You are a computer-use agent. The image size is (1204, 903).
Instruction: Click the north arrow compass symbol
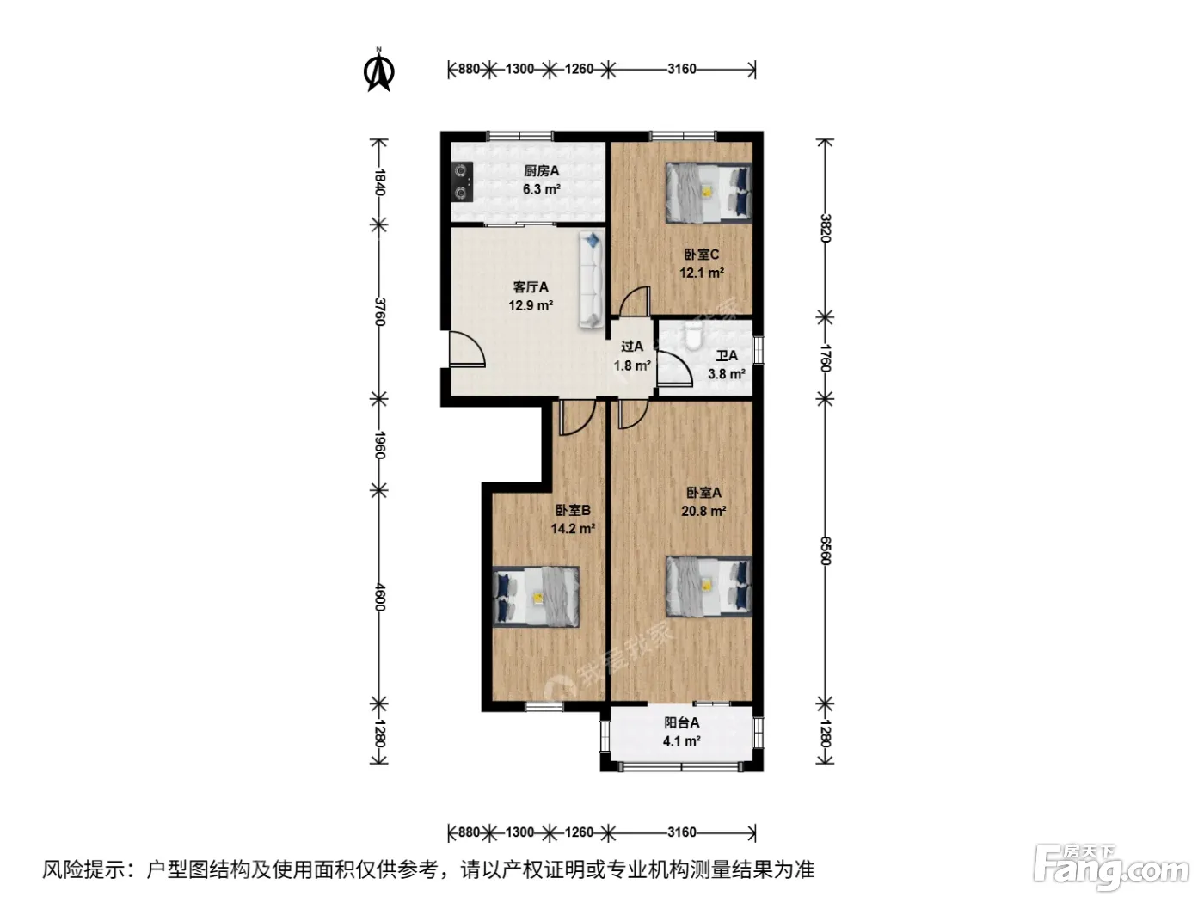(379, 71)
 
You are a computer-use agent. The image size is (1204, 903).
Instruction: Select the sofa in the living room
(592, 279)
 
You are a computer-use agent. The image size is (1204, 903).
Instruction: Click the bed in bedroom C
(708, 193)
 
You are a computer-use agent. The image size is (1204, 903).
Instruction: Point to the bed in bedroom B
(536, 597)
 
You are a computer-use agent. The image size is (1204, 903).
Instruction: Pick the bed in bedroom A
(708, 587)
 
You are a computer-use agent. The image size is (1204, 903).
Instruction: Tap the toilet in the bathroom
(694, 336)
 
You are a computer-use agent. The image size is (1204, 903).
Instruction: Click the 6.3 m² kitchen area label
(542, 190)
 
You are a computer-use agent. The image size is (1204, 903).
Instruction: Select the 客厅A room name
(531, 287)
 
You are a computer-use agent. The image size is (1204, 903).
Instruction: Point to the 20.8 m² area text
(703, 511)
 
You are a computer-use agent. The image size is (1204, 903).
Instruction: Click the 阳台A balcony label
(682, 723)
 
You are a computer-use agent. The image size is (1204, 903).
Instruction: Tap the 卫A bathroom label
(727, 356)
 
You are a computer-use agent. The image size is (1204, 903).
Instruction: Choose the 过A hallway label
(632, 347)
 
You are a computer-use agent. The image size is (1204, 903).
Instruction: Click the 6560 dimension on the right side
(826, 550)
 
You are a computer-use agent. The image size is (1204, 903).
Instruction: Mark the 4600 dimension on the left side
(379, 598)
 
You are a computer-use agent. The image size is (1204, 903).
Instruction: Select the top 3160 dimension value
(682, 69)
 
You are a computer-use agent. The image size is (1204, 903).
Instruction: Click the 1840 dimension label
(379, 182)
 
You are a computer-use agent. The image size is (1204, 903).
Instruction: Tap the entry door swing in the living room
(466, 348)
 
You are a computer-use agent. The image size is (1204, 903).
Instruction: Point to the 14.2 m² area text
(574, 529)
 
